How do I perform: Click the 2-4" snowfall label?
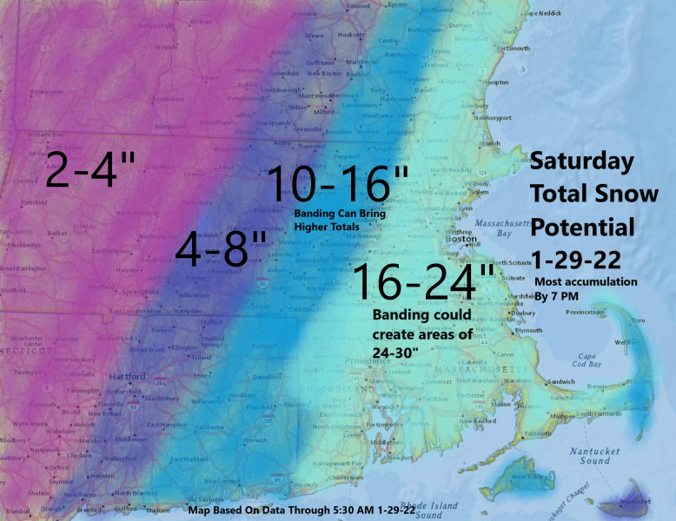pos(90,171)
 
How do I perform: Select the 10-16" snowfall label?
pos(338,185)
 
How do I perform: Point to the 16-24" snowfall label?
pos(423,283)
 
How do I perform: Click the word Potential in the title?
pos(583,227)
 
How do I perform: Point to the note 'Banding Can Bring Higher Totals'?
pos(339,221)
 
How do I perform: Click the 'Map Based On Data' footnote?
pos(302,511)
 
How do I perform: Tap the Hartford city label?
pos(128,377)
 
